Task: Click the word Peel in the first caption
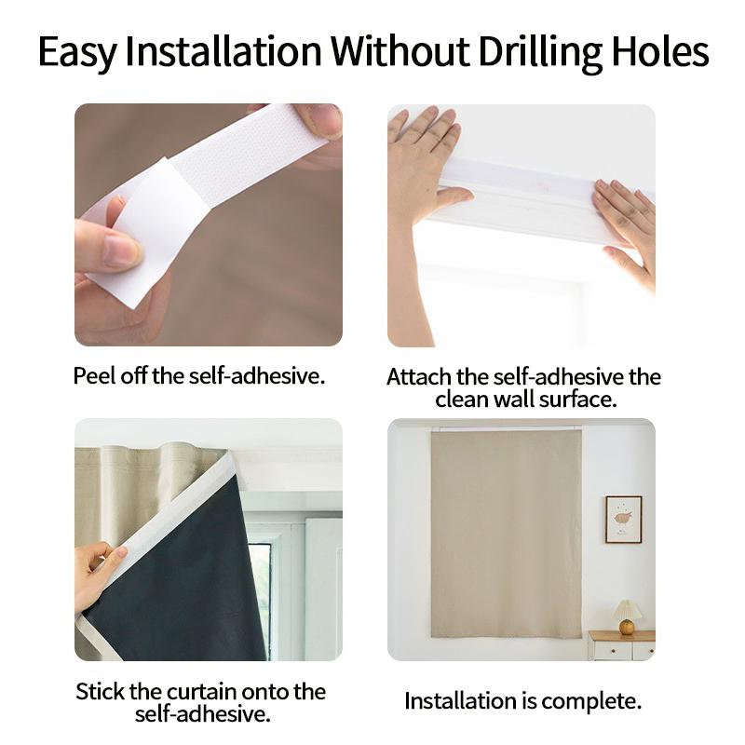pos(95,376)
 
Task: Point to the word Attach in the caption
pos(419,377)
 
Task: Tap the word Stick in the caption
pos(101,692)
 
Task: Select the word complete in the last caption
pos(592,701)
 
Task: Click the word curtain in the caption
pos(196,692)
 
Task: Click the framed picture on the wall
pos(623,519)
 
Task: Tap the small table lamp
pos(627,616)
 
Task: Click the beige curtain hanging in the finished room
pos(506,531)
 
